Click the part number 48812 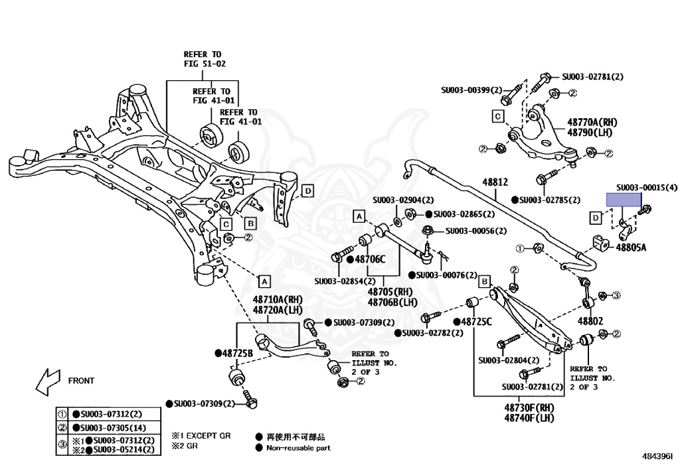coord(495,182)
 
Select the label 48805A coord(631,247)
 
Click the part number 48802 coord(590,321)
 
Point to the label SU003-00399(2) coord(471,90)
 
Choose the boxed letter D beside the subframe coord(307,191)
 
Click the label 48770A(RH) coord(592,123)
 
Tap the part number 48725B coord(237,354)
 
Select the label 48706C coord(370,259)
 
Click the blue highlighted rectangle coord(624,200)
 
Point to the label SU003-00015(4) coord(647,188)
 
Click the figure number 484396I coord(657,456)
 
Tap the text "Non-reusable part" coord(298,448)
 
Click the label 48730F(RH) coord(529,407)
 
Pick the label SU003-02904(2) coord(403,200)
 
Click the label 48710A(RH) coord(278,300)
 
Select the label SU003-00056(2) coord(475,231)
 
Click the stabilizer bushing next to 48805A coord(600,243)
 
